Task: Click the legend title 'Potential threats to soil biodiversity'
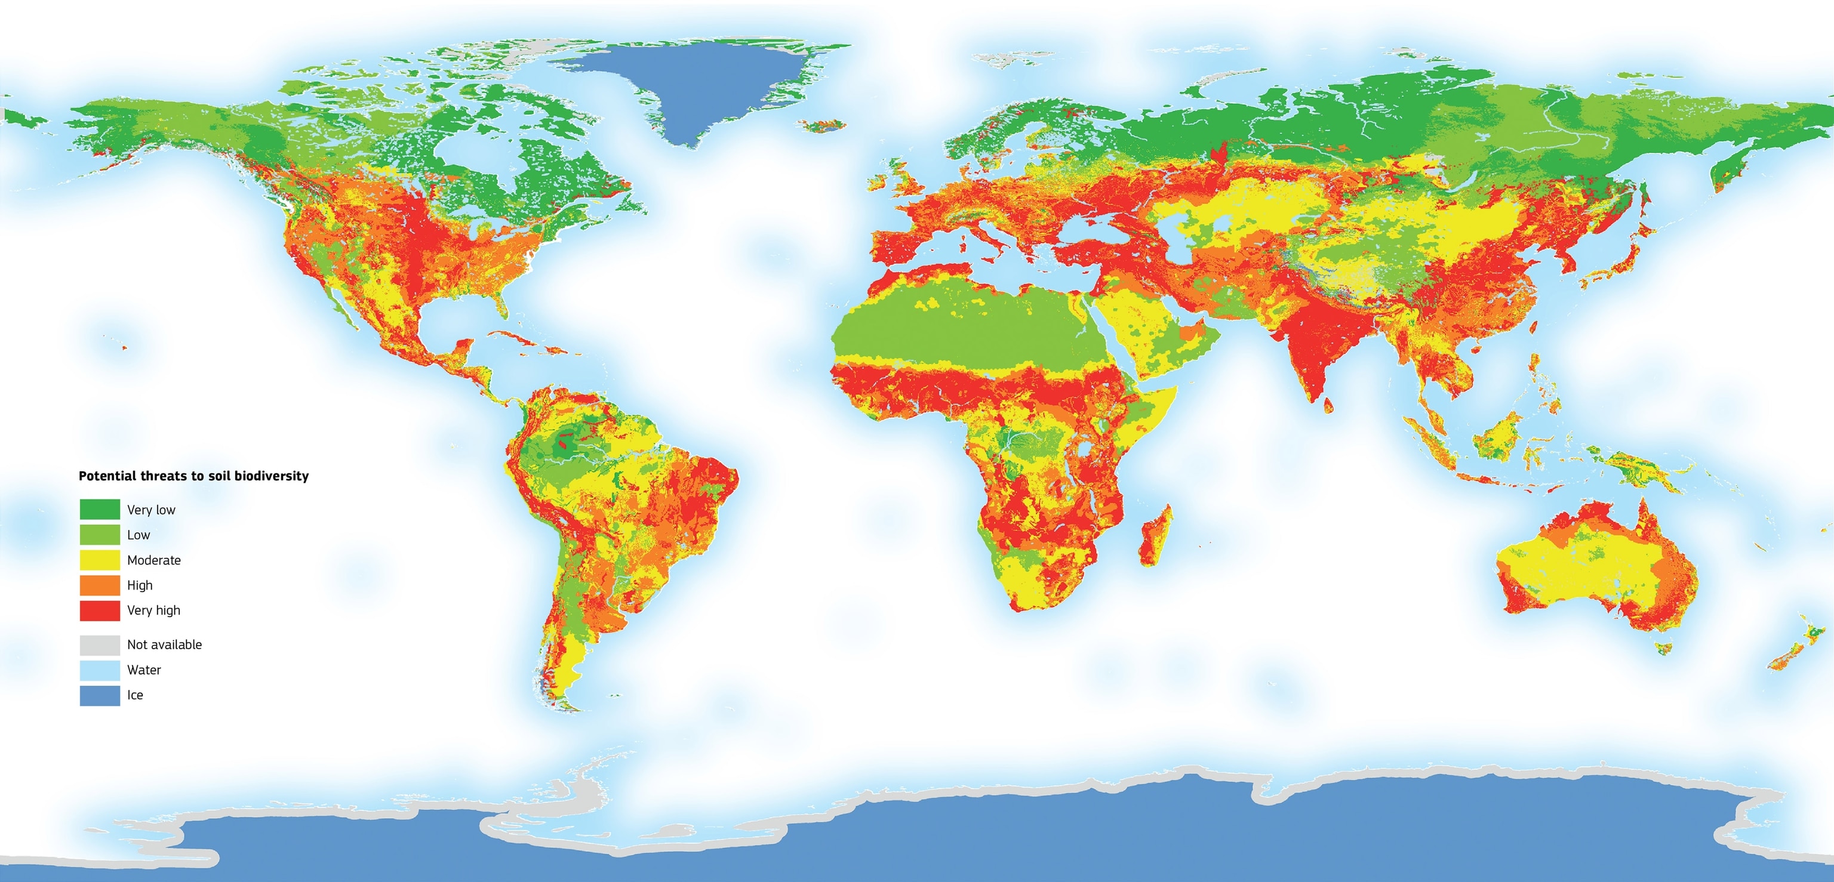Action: (193, 476)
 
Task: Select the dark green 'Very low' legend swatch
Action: (100, 509)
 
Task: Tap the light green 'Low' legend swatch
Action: (100, 535)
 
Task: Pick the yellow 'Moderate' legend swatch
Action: (100, 560)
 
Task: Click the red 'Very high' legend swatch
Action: (100, 610)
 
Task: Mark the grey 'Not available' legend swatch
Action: (100, 644)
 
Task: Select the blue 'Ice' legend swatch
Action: (100, 695)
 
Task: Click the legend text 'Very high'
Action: (154, 610)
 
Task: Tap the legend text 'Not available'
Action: (164, 644)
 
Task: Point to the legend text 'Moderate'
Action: (154, 560)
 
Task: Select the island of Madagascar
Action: (1155, 535)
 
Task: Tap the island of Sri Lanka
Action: (1328, 406)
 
